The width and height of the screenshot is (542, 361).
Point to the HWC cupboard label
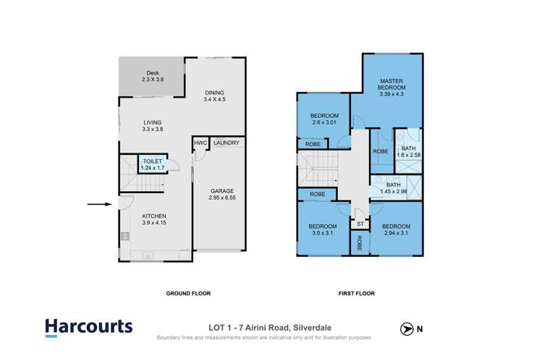200,143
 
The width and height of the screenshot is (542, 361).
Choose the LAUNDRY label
226,143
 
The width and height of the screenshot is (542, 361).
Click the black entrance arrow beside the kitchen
98,205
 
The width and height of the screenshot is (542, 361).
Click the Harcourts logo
88,327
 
